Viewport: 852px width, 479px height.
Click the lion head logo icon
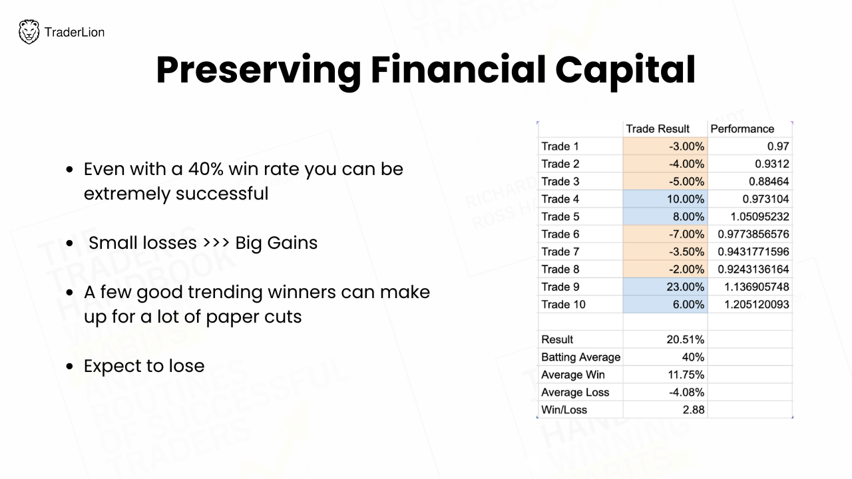29,32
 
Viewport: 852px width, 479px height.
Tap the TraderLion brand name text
75,33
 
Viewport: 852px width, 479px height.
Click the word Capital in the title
625,71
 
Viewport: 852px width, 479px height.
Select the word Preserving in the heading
259,71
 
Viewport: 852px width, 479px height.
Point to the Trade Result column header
658,129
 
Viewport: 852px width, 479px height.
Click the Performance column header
742,129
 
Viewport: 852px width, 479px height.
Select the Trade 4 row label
560,199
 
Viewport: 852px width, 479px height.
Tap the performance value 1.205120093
757,304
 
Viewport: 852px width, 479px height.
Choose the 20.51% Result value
685,339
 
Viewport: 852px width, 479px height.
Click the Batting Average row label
581,357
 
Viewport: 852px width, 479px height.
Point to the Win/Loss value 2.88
694,410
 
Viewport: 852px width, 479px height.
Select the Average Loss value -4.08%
686,393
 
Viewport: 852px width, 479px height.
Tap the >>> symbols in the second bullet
216,243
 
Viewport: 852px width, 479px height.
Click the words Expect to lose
144,366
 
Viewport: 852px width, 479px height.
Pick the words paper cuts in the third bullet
254,317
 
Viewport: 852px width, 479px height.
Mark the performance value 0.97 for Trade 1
778,146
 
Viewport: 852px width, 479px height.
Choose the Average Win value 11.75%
686,375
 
